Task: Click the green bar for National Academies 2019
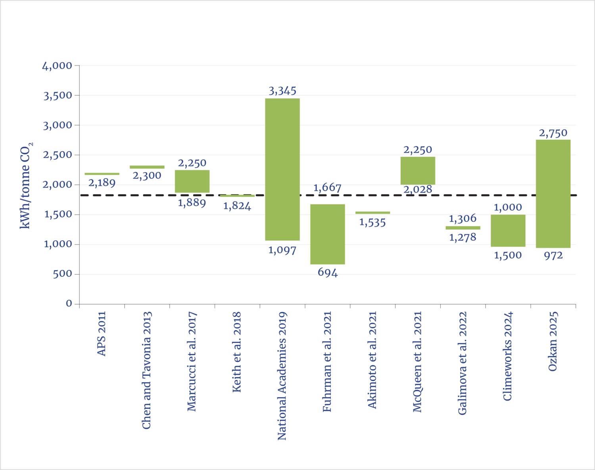click(282, 169)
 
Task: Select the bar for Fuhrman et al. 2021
click(327, 234)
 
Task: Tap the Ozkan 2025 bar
click(553, 194)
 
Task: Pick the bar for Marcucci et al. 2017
click(192, 181)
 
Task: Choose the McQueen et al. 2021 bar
click(418, 170)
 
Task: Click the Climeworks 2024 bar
click(508, 231)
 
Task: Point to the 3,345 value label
click(282, 91)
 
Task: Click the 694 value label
click(327, 272)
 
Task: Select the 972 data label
click(553, 256)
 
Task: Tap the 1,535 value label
click(372, 223)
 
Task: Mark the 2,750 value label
click(553, 133)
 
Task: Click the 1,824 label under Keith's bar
click(237, 206)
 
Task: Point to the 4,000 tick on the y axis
click(58, 65)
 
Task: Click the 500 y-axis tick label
click(63, 274)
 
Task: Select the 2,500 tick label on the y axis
click(58, 155)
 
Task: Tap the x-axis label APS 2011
click(102, 334)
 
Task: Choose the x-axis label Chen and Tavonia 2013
click(147, 370)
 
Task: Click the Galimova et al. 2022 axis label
click(463, 363)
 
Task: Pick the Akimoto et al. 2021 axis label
click(372, 360)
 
